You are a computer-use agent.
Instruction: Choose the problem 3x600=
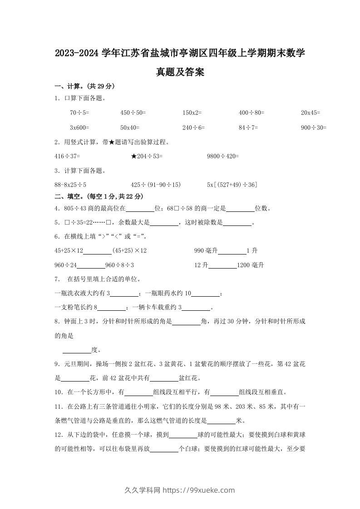79,128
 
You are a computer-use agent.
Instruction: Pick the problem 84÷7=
248,128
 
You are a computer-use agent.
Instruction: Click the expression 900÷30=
314,128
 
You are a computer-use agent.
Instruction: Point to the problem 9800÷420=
222,157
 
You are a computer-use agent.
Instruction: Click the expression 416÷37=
67,157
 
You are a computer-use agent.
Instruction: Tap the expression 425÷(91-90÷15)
156,185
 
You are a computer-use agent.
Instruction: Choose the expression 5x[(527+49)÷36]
232,185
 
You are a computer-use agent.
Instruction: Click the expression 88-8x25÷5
70,185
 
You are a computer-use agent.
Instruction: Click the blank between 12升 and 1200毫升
222,266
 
